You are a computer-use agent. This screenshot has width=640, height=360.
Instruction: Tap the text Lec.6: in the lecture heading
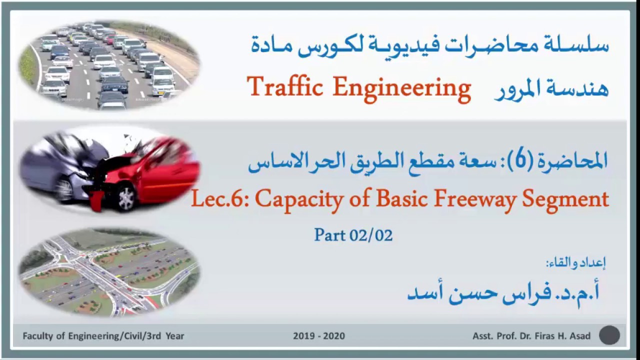pos(220,199)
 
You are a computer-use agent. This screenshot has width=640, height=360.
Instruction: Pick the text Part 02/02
pos(353,235)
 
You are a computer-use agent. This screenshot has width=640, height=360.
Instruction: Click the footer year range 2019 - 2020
pos(319,336)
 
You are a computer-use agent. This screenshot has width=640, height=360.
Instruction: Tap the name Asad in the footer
pos(580,336)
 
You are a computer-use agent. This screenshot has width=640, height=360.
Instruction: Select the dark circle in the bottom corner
pos(609,335)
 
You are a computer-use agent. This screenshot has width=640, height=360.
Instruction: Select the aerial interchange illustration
pos(109,271)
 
